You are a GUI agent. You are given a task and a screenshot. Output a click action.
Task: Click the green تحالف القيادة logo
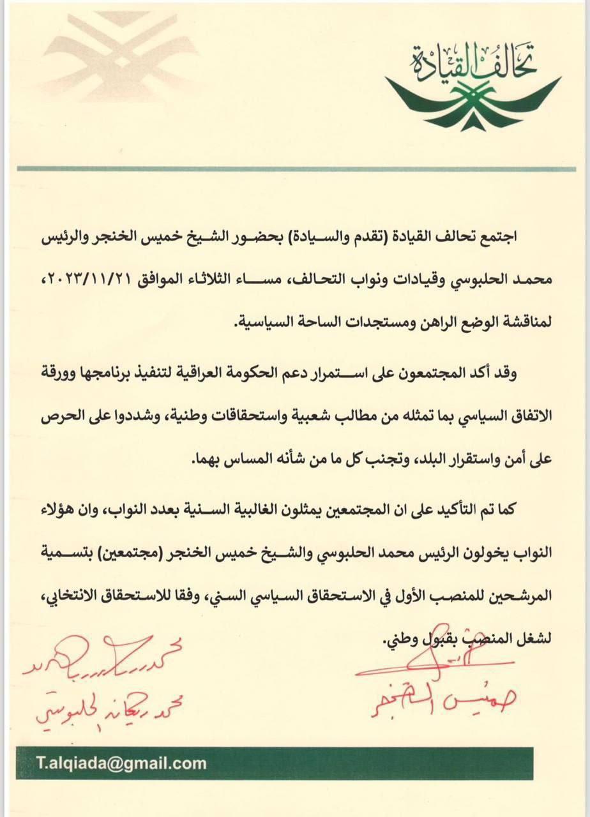[x=473, y=86]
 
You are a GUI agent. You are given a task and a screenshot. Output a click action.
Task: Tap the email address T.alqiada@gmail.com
[x=121, y=763]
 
